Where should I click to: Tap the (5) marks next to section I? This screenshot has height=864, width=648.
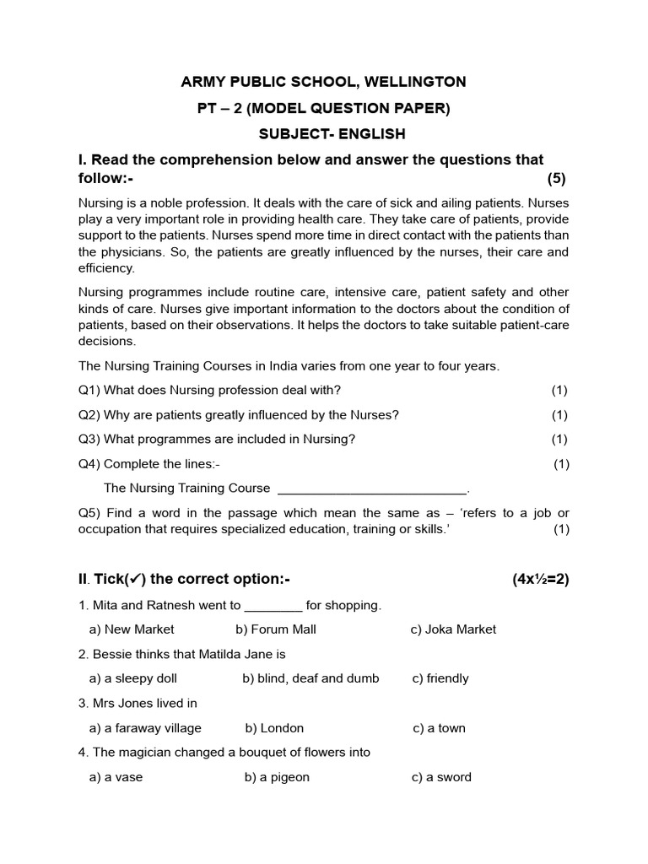pyautogui.click(x=556, y=178)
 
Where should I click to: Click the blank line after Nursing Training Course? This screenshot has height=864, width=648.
pyautogui.click(x=371, y=489)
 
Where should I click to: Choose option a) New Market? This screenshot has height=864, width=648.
pyautogui.click(x=132, y=629)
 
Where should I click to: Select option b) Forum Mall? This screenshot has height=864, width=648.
pyautogui.click(x=276, y=629)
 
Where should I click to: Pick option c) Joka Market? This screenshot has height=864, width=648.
pyautogui.click(x=453, y=629)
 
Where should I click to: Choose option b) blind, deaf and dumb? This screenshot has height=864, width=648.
pyautogui.click(x=310, y=678)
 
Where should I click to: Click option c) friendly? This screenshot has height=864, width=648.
pyautogui.click(x=440, y=678)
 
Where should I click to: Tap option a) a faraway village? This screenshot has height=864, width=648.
pyautogui.click(x=145, y=728)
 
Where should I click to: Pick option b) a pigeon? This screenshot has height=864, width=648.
pyautogui.click(x=277, y=777)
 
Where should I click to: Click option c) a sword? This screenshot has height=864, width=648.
pyautogui.click(x=441, y=777)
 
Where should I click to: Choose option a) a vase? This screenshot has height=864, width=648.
pyautogui.click(x=116, y=777)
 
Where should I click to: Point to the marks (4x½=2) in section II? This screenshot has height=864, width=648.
pyautogui.click(x=540, y=579)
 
